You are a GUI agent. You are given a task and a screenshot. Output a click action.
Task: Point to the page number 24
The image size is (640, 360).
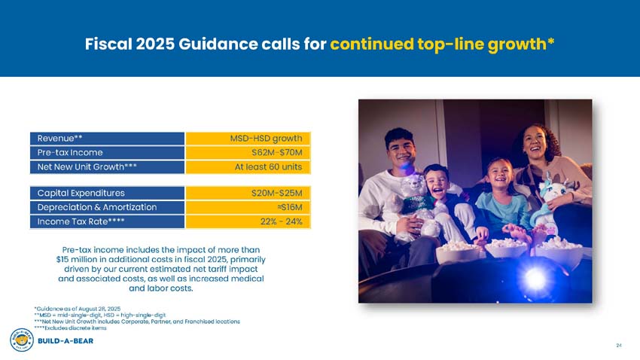(618, 346)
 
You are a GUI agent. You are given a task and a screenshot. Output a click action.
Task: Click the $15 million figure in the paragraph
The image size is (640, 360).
(78, 259)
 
